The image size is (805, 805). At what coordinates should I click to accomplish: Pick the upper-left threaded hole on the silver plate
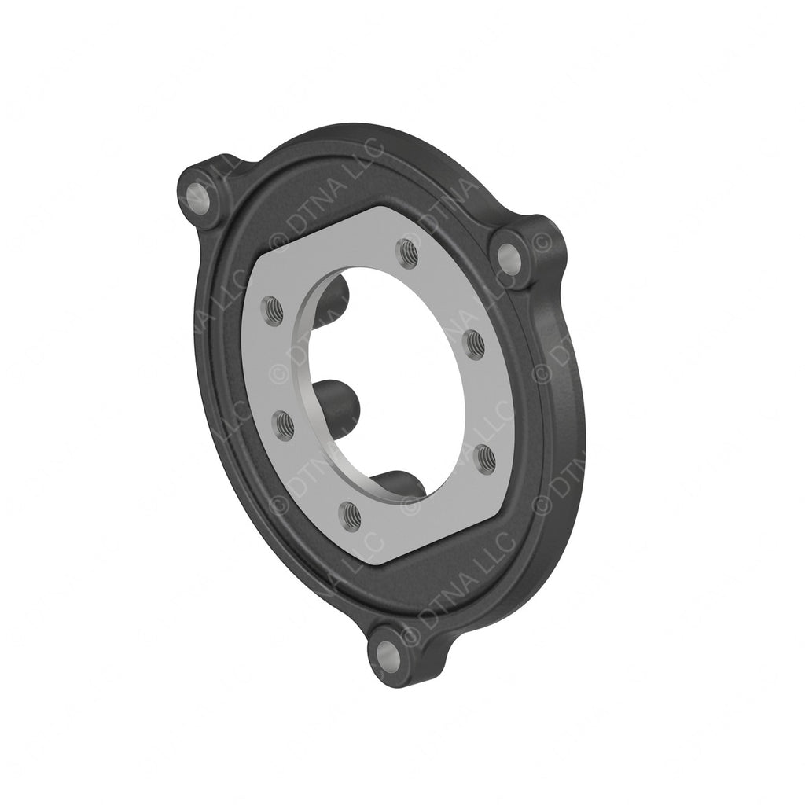click(274, 311)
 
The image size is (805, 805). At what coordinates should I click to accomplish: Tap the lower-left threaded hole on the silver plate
click(285, 425)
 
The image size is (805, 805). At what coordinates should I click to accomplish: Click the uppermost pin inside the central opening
click(334, 295)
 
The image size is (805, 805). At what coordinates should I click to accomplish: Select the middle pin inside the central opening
click(336, 397)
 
